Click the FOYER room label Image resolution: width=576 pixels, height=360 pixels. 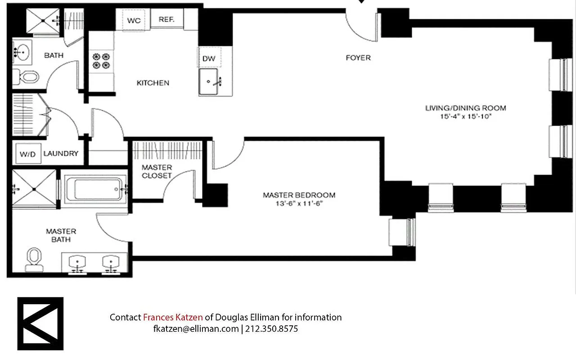point(358,58)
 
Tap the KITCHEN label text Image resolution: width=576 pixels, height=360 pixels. point(153,83)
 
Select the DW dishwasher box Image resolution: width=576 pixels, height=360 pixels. point(208,58)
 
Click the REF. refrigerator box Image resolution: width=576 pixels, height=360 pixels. point(166,20)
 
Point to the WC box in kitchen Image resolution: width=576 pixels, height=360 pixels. point(134,21)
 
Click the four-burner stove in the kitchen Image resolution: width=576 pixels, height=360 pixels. point(101,61)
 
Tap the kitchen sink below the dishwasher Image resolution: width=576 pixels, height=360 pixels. point(209,81)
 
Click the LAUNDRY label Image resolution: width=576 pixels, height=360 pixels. point(61,153)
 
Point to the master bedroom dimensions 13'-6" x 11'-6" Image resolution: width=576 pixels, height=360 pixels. point(299,203)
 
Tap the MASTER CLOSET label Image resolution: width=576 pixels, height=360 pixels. point(157,171)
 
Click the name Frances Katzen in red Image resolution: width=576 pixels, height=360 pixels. point(173,317)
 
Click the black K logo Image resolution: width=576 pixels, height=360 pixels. point(40,324)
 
